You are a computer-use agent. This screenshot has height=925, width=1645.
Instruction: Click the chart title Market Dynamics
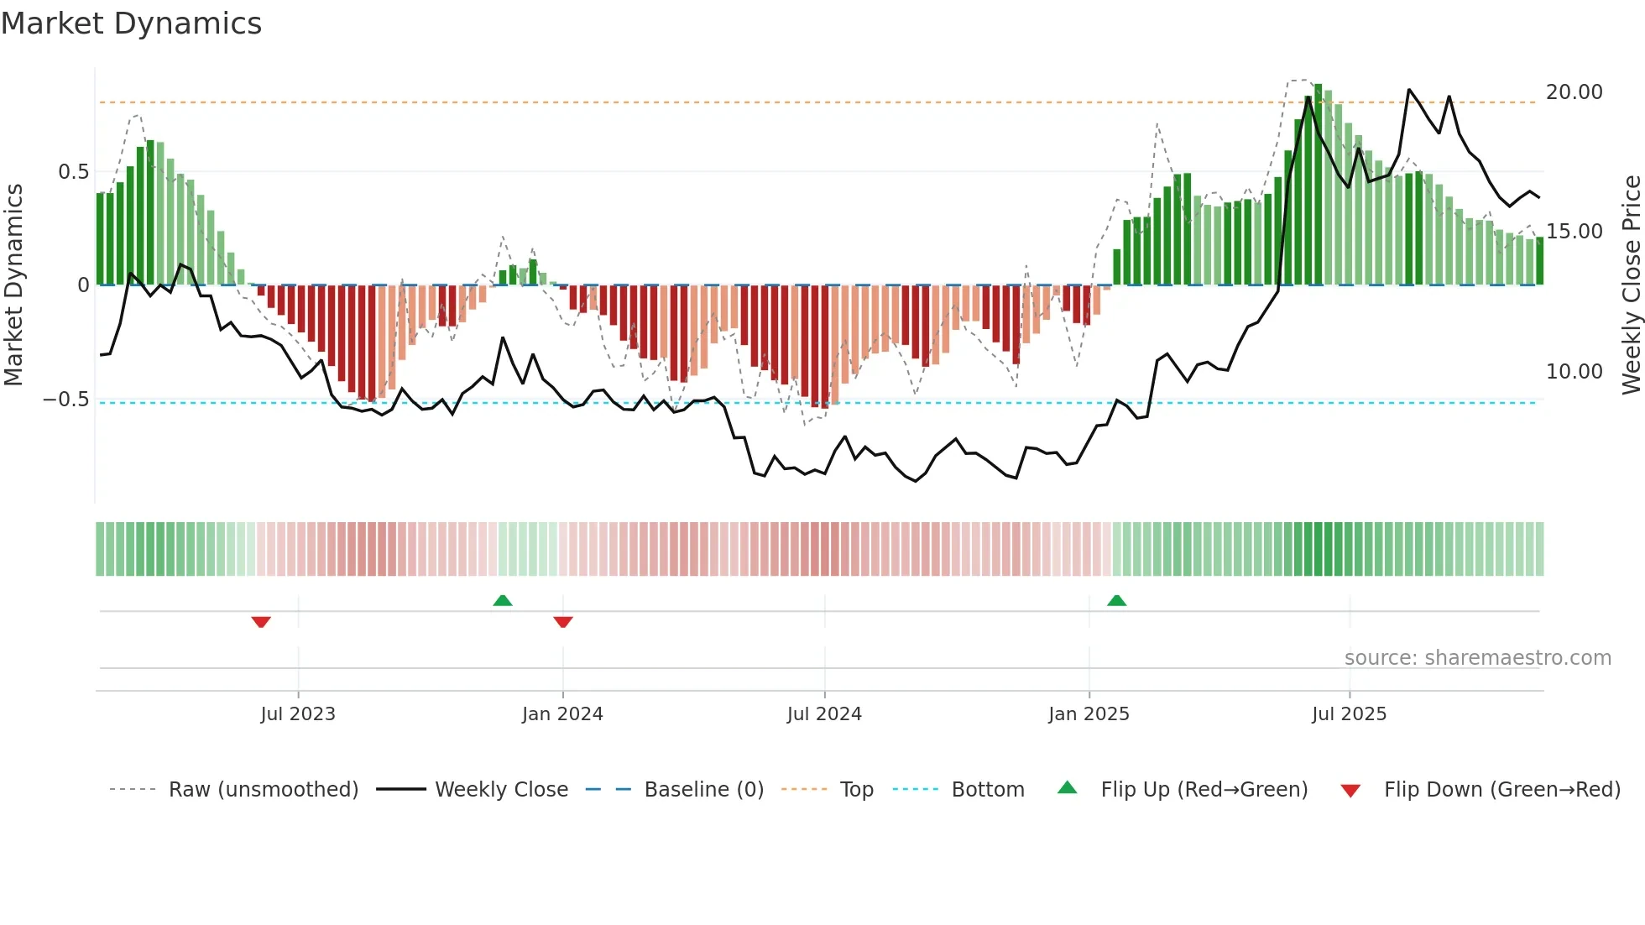point(131,24)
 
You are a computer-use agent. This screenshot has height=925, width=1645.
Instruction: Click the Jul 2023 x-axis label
point(297,714)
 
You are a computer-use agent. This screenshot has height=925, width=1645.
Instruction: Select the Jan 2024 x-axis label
point(562,714)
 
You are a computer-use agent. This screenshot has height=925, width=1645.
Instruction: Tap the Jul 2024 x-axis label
point(824,714)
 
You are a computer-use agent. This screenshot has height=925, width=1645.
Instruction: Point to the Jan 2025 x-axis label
point(1089,714)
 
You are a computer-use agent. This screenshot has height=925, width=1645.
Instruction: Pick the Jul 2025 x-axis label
point(1349,714)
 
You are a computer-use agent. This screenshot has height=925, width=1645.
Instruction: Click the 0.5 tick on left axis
point(73,172)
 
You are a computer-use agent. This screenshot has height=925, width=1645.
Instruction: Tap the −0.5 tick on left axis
point(66,400)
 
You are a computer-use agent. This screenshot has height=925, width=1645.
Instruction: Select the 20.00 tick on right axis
point(1574,92)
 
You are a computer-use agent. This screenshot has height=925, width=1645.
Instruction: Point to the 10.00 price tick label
point(1574,372)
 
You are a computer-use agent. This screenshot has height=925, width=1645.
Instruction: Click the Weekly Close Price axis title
point(1631,285)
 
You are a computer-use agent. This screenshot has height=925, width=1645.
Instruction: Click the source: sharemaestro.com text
point(1477,658)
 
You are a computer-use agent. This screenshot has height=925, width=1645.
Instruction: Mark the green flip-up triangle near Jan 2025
point(1116,601)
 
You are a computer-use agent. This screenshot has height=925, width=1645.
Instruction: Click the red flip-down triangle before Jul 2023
point(261,622)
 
